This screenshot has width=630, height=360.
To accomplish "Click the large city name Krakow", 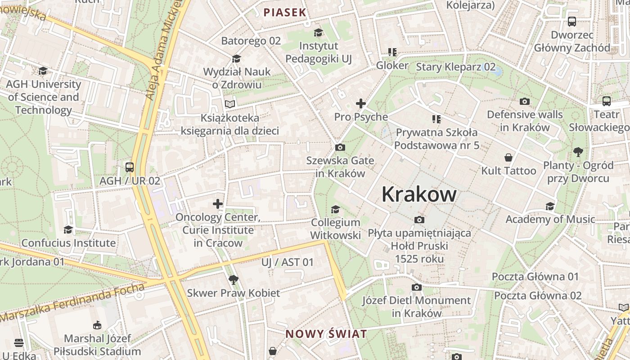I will [x=419, y=194].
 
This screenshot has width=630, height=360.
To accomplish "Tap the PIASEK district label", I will [x=285, y=13].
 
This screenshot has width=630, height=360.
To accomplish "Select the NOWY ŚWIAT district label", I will [x=326, y=334].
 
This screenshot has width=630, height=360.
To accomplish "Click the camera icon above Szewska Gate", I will [x=340, y=148].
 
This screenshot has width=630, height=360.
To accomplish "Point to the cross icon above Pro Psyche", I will [x=360, y=104].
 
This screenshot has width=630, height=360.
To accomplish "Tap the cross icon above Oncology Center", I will [x=218, y=204].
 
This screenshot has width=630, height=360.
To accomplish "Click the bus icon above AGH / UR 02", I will [x=130, y=167].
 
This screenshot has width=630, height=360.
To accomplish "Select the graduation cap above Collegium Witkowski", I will [x=335, y=209].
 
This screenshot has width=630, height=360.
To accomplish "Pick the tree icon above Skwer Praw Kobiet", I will [x=233, y=280].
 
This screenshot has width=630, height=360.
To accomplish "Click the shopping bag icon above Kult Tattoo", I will [x=508, y=157].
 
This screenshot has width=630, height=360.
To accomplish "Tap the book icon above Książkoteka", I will [x=230, y=104].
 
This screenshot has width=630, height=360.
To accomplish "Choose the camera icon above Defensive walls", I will [x=525, y=102].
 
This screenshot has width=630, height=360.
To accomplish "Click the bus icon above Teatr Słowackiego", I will [x=607, y=101].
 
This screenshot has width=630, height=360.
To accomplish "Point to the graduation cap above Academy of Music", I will [x=550, y=207].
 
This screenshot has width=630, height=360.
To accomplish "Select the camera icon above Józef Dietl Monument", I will [x=417, y=287].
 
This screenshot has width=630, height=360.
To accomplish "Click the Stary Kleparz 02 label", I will [x=455, y=67].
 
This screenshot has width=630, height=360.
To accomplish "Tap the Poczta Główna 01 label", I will [x=535, y=276].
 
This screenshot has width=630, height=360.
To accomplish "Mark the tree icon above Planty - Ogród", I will [x=578, y=152].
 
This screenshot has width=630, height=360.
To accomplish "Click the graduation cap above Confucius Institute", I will [x=68, y=230].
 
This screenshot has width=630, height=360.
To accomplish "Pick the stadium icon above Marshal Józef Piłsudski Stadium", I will [x=97, y=325].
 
